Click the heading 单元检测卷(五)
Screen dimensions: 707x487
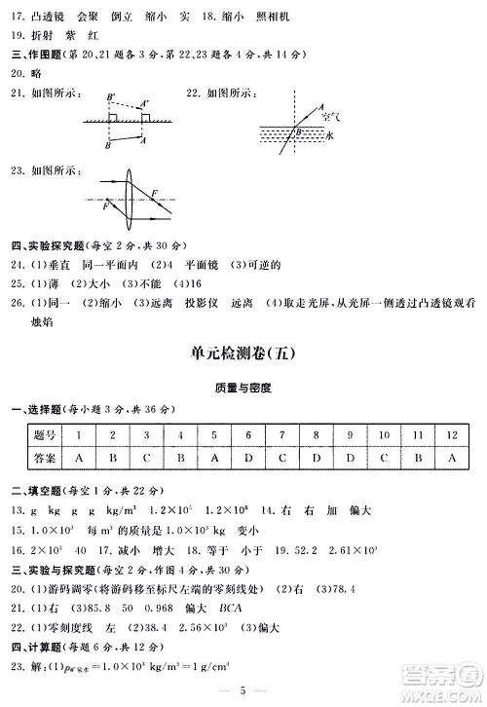243,356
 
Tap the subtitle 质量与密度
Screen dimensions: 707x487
243,387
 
